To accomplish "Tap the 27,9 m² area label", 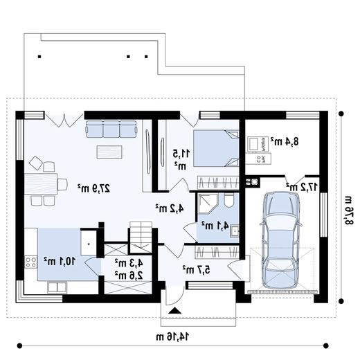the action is (x=93, y=188).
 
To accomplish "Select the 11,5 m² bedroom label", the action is (x=181, y=159).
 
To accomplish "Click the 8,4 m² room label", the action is (x=285, y=141).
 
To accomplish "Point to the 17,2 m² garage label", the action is (x=302, y=186).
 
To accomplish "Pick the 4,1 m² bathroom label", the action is (x=215, y=226).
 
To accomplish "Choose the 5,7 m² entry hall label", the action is (x=197, y=269).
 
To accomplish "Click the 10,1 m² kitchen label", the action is (x=60, y=261).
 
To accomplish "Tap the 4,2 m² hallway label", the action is (x=170, y=208).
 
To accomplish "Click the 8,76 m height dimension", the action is (x=349, y=210).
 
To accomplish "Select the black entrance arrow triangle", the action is (x=174, y=311).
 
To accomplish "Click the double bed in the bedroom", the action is (x=216, y=148).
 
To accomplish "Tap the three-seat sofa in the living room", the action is (x=111, y=129).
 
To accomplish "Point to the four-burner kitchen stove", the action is (x=31, y=262).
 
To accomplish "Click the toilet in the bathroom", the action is (x=229, y=200).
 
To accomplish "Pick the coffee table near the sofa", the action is (x=109, y=152).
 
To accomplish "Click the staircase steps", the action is (x=141, y=237).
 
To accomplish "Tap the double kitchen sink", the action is (x=57, y=287).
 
